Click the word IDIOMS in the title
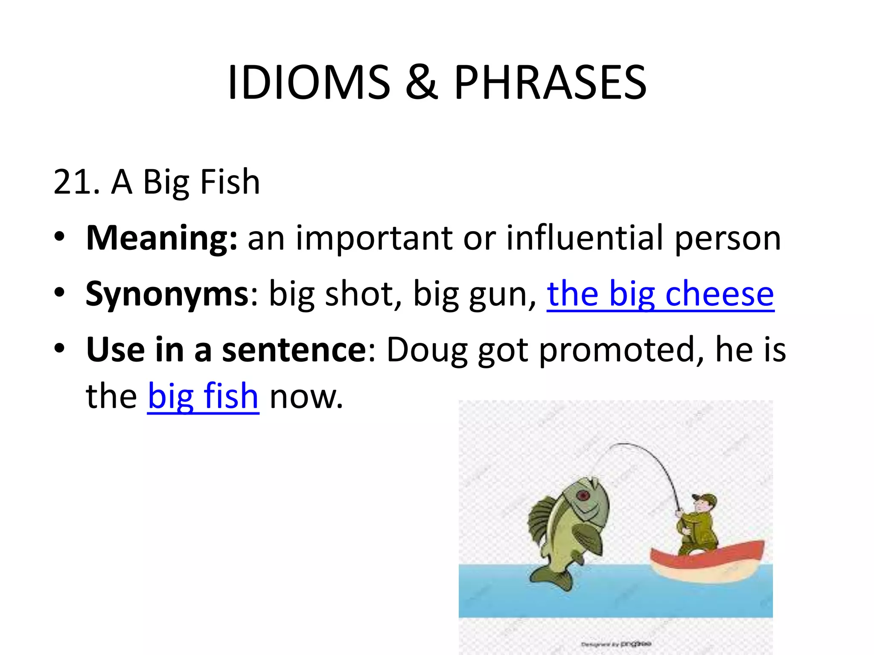click(x=309, y=83)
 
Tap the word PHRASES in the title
click(x=550, y=83)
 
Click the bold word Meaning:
click(x=161, y=238)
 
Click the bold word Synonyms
click(x=167, y=294)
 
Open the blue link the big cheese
click(x=660, y=294)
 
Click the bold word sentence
click(x=294, y=350)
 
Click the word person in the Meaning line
click(x=728, y=238)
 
